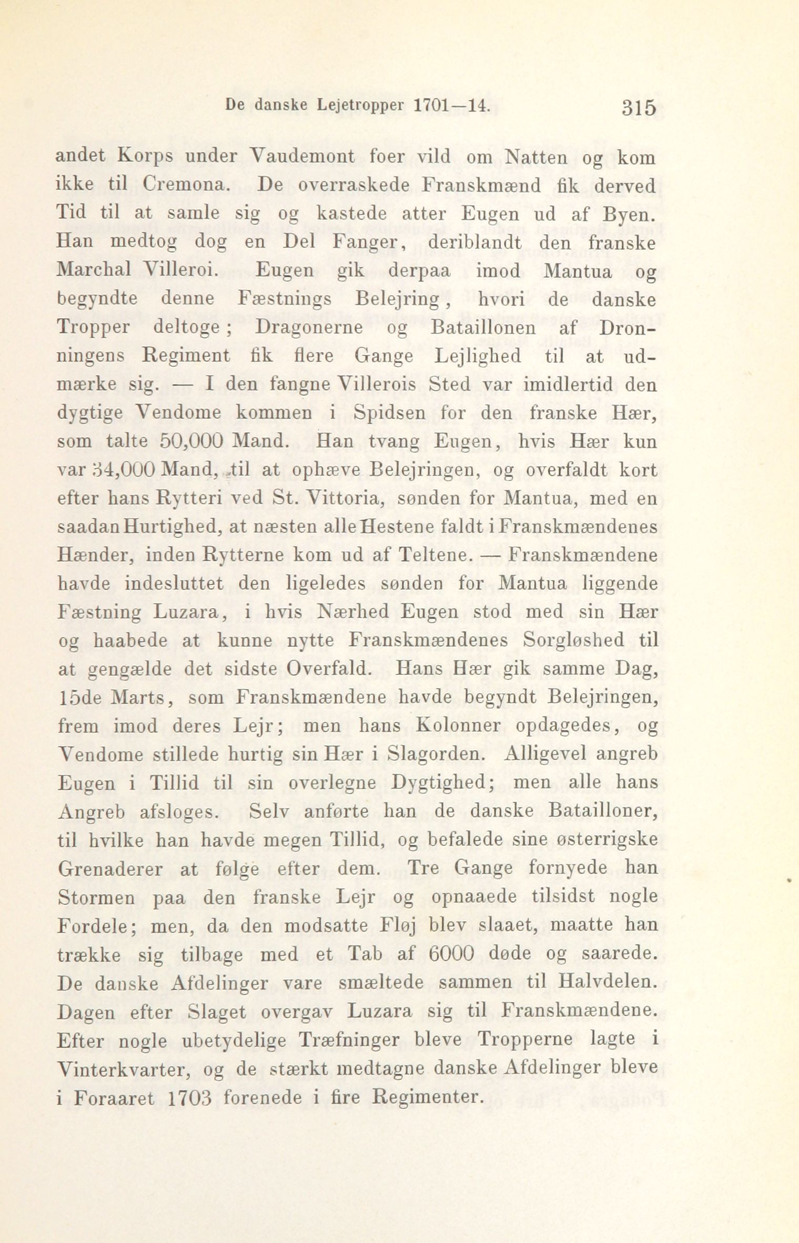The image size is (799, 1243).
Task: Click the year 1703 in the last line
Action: (189, 1096)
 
